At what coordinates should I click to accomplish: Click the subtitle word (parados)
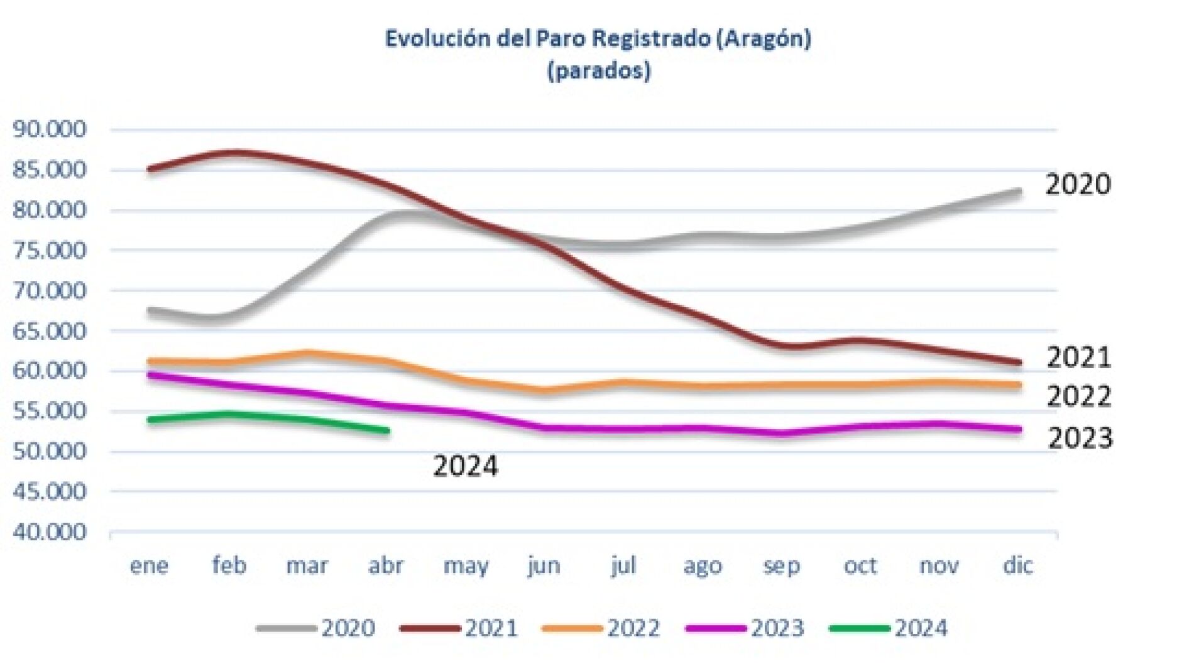click(598, 70)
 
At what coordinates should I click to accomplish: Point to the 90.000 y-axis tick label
click(49, 129)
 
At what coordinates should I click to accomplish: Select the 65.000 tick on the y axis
click(49, 331)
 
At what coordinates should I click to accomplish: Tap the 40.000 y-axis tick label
click(49, 532)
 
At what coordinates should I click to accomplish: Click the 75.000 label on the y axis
click(49, 251)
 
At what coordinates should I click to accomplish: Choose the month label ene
click(149, 565)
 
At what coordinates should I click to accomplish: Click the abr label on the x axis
click(385, 565)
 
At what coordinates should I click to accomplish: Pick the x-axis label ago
click(703, 565)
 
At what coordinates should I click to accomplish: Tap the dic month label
click(1017, 565)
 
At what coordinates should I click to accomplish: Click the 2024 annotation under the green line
click(465, 466)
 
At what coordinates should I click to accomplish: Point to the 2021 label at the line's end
click(1078, 357)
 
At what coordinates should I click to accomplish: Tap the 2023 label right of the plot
click(1080, 438)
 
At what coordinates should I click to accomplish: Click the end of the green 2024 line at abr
click(387, 430)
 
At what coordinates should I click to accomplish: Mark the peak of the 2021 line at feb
click(231, 152)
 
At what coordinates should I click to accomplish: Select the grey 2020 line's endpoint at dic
click(1018, 191)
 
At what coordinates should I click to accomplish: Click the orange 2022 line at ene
click(151, 362)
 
